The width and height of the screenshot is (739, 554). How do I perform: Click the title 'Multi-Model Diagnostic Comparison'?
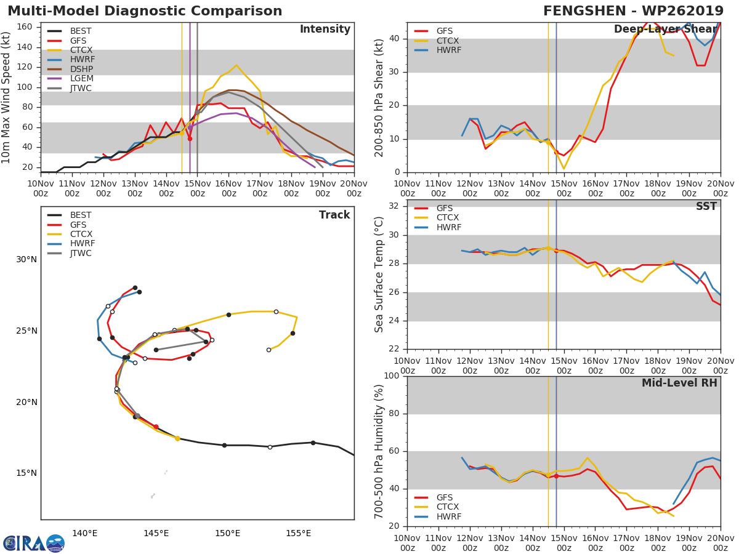[x=145, y=11]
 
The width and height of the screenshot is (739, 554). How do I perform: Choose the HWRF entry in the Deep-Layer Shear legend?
[x=448, y=50]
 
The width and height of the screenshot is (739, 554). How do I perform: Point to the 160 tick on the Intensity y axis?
[x=25, y=27]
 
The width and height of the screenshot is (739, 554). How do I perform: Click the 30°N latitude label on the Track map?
[x=26, y=260]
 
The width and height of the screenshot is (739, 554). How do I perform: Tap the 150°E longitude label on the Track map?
[x=227, y=533]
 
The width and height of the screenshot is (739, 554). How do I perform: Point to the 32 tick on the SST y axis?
[x=394, y=206]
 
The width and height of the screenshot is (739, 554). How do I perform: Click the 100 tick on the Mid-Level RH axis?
[x=392, y=376]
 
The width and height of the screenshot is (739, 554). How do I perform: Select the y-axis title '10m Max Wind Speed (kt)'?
[x=7, y=97]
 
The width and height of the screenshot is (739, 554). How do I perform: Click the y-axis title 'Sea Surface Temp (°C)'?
[x=379, y=274]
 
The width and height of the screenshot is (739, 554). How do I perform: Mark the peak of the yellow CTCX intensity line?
[x=236, y=65]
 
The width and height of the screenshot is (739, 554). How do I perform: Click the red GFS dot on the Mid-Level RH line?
[x=556, y=476]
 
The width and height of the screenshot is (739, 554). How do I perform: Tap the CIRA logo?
[x=34, y=543]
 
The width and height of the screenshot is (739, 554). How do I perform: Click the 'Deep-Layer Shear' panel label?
[x=665, y=30]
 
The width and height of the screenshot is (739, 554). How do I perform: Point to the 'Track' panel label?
[x=334, y=215]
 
